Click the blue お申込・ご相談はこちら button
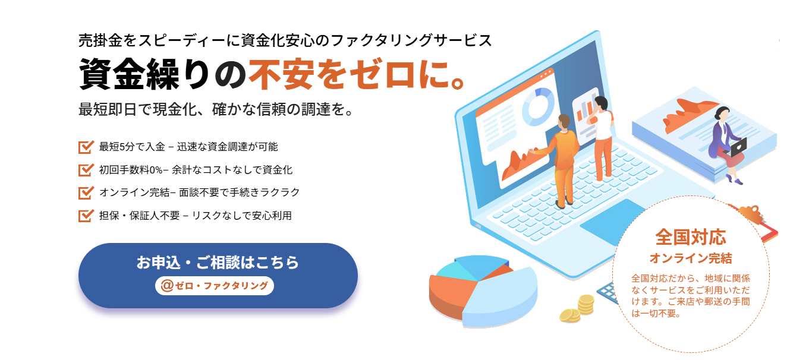pyautogui.click(x=218, y=275)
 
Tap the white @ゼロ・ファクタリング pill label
pyautogui.click(x=215, y=286)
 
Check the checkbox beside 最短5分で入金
pyautogui.click(x=86, y=147)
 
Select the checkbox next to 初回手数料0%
pyautogui.click(x=86, y=170)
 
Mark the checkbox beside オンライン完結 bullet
pyautogui.click(x=86, y=192)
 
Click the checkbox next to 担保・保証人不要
pyautogui.click(x=86, y=216)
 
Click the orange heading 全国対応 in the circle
pyautogui.click(x=691, y=237)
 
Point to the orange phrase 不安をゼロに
pyautogui.click(x=356, y=74)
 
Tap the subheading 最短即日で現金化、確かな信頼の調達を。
pyautogui.click(x=216, y=109)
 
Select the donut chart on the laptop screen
pyautogui.click(x=539, y=106)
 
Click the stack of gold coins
pyautogui.click(x=578, y=309)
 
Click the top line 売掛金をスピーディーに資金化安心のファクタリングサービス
pyautogui.click(x=285, y=40)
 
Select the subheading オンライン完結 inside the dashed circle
pyautogui.click(x=691, y=258)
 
